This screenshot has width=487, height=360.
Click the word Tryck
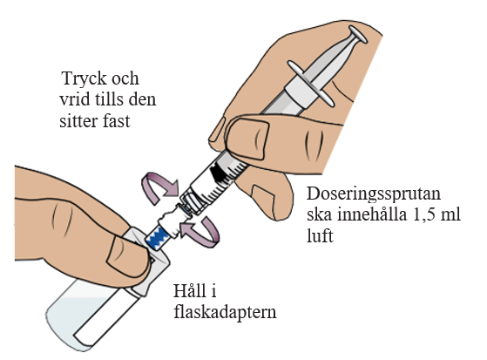[x=85, y=79]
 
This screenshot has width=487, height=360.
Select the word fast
[x=115, y=120]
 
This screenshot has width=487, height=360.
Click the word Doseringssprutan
[x=374, y=194]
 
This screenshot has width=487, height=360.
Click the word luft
[x=320, y=235]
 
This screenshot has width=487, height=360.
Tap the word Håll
[x=189, y=290]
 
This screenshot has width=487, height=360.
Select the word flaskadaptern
[x=225, y=312]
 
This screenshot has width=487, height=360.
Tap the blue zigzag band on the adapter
[x=159, y=237]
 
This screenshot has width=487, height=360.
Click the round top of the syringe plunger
[x=358, y=34]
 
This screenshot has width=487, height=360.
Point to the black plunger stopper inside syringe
[x=219, y=173]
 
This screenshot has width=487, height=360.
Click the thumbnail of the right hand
[x=247, y=138]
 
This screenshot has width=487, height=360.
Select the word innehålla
[x=372, y=215]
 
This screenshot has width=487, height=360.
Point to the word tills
[x=107, y=99]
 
